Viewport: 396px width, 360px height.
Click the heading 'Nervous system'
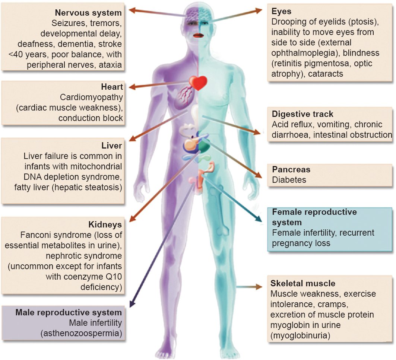point(88,13)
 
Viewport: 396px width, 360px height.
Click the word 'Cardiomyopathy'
point(91,98)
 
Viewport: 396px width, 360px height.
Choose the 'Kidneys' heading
point(105,225)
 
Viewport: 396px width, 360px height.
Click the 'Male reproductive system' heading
point(69,312)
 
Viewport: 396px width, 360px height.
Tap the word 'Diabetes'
point(289,180)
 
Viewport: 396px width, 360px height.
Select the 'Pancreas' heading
point(291,170)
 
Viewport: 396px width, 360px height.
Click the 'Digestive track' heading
point(302,114)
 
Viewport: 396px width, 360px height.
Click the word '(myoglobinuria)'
point(301,336)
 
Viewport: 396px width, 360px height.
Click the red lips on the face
point(198,35)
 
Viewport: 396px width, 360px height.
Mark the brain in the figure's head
point(197,15)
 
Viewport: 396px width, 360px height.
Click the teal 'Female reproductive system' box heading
point(314,217)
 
